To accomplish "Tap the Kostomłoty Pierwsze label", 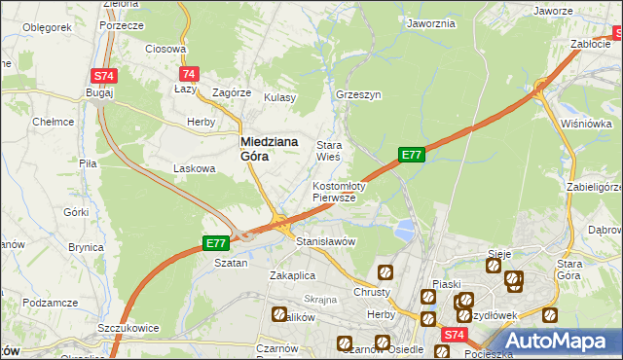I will pos(338,192).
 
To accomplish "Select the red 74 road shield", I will pos(189,74).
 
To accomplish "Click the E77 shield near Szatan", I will pos(216,243).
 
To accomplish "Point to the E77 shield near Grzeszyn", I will pos(412,154).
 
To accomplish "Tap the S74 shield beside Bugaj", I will pos(103,75).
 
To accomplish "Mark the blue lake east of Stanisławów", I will pos(404,230).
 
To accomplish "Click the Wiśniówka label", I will pos(586,124).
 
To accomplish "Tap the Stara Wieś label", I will pos(328,150).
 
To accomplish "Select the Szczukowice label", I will pos(128,328).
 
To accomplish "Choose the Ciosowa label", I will pos(165,48).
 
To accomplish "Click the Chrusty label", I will pos(373,291).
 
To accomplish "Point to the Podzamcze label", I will pos(49,305).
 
